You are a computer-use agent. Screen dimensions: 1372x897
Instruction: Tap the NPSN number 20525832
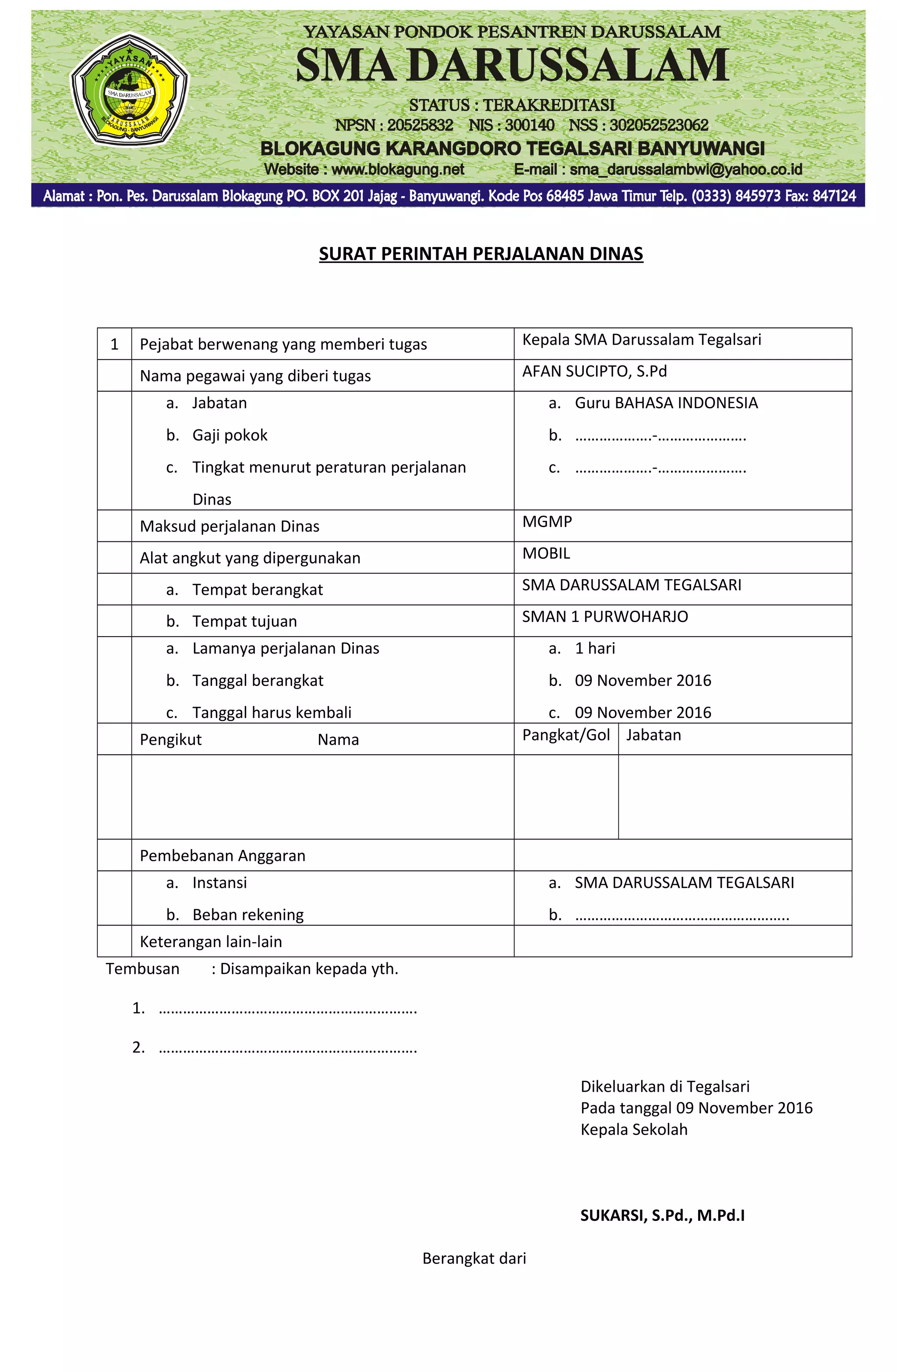point(420,125)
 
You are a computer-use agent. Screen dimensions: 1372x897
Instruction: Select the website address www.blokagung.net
point(397,170)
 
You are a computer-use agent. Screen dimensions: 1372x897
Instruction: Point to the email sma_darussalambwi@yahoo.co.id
point(685,170)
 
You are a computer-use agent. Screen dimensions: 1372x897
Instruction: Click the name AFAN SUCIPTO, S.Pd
point(594,371)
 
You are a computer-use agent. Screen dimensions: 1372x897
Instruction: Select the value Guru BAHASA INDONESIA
point(665,403)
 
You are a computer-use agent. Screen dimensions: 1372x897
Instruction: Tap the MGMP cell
point(547,522)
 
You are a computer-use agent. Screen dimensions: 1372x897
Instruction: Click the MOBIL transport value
point(545,553)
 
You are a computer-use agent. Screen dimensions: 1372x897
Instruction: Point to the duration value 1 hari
point(594,648)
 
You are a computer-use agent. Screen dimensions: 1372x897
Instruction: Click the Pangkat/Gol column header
point(565,735)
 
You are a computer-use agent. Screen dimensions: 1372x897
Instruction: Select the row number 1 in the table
point(114,345)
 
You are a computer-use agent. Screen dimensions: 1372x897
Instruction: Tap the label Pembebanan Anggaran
point(222,856)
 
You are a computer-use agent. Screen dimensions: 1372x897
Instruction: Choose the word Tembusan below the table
point(142,969)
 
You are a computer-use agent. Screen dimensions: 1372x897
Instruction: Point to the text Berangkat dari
point(474,1259)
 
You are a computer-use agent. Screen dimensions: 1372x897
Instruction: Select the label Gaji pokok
point(230,435)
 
